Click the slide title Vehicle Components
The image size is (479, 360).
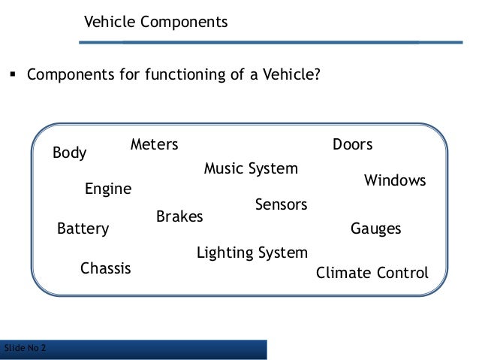click(155, 23)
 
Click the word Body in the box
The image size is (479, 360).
click(70, 153)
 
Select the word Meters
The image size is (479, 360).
click(154, 144)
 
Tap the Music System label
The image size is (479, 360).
click(251, 169)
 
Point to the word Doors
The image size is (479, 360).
click(352, 144)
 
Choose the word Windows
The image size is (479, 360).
click(395, 181)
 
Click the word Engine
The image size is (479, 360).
click(107, 189)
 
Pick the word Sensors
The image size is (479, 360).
click(282, 204)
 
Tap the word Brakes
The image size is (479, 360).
click(179, 217)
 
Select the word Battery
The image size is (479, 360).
click(83, 228)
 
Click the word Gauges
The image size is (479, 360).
click(376, 228)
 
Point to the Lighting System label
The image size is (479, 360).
click(252, 253)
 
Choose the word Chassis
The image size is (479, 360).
click(105, 268)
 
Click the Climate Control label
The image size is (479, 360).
click(372, 273)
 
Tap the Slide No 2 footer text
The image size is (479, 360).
click(24, 348)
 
